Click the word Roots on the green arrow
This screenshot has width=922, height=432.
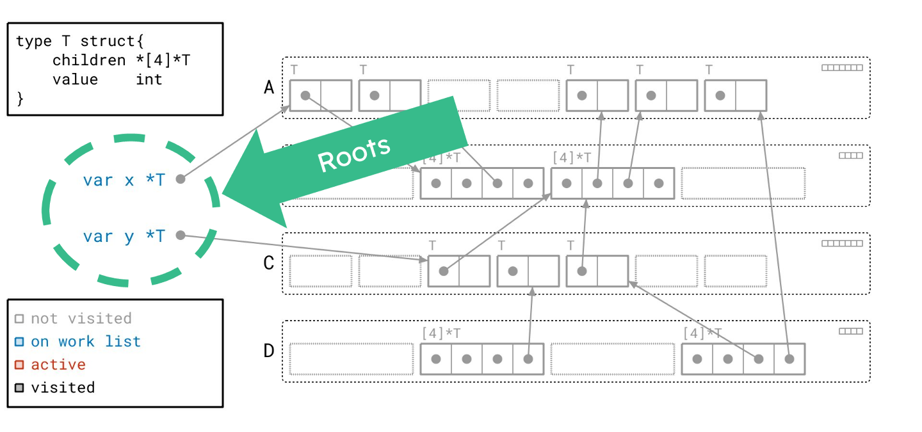point(354,154)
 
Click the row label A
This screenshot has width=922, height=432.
point(270,88)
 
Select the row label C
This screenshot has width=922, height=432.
point(270,263)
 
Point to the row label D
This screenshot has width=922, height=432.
point(270,351)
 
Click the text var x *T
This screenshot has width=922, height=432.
point(124,180)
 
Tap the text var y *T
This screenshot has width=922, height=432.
point(124,236)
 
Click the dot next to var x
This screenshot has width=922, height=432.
point(181,179)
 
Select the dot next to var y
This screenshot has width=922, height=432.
point(181,236)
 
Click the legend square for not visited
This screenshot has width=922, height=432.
point(19,319)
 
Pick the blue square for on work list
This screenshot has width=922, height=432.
point(19,342)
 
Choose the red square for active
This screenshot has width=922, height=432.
point(19,365)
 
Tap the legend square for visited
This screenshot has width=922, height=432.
point(19,388)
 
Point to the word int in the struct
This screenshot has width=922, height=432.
point(149,79)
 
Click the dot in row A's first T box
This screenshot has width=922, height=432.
point(305,95)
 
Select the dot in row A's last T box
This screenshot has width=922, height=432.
point(720,95)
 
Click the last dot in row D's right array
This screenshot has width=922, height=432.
point(789,359)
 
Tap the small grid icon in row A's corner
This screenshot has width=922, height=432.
point(842,67)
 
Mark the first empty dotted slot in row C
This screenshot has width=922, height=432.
point(321,271)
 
